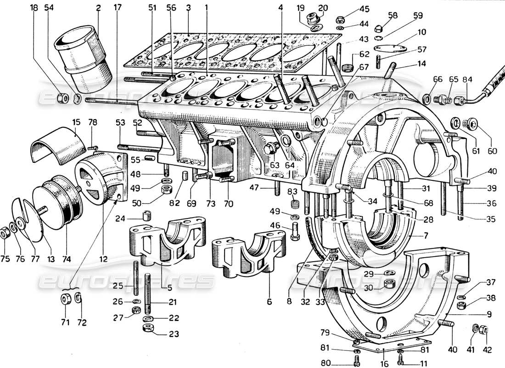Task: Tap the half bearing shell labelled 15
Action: (x=57, y=146)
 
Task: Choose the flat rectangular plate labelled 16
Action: (x=395, y=343)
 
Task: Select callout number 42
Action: (x=487, y=342)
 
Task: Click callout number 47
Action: (x=254, y=188)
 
